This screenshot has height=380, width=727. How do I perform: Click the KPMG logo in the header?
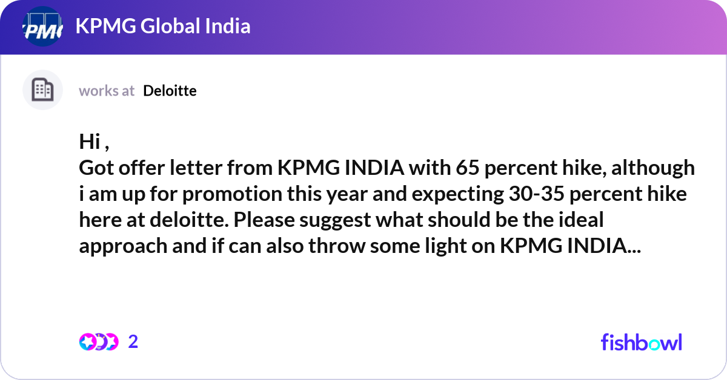click(x=42, y=27)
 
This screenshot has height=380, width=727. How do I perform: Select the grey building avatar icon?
click(x=42, y=90)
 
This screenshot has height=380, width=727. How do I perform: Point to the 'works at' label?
click(x=107, y=91)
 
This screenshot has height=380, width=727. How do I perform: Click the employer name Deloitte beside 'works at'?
click(x=170, y=91)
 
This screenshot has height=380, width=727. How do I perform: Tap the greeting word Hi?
click(x=88, y=142)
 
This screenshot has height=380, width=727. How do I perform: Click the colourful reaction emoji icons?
click(x=99, y=342)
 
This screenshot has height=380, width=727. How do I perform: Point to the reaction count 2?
click(x=133, y=342)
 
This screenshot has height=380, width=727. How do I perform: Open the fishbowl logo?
click(x=641, y=342)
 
